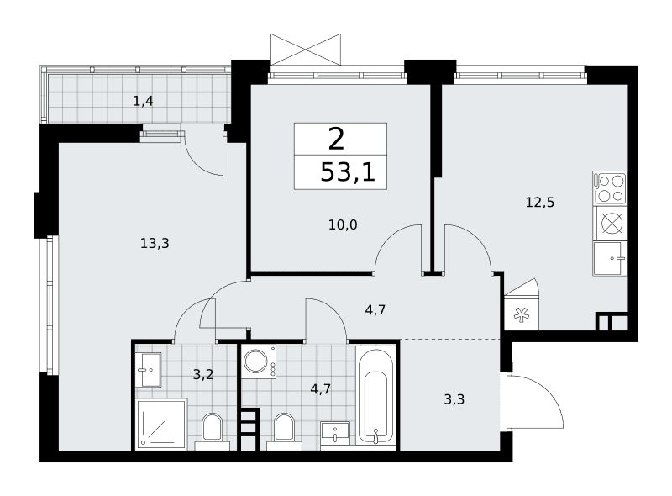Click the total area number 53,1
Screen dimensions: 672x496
(x=348, y=173)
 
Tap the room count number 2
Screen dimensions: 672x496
(x=337, y=139)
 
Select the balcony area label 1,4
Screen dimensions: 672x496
(x=143, y=101)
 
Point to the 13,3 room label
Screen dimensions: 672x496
(x=155, y=243)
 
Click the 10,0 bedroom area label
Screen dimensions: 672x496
(x=343, y=224)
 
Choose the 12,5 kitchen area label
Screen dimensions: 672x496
(x=540, y=202)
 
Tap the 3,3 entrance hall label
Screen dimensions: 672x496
(x=454, y=399)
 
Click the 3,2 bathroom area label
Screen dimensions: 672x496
(x=202, y=375)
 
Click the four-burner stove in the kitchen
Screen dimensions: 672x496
(x=611, y=188)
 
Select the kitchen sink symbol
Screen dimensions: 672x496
(x=611, y=258)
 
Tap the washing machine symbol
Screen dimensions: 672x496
(x=259, y=361)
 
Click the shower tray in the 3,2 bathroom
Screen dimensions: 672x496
(x=161, y=425)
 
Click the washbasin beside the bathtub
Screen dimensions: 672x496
(x=335, y=435)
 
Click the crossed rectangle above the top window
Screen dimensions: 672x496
(x=306, y=50)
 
